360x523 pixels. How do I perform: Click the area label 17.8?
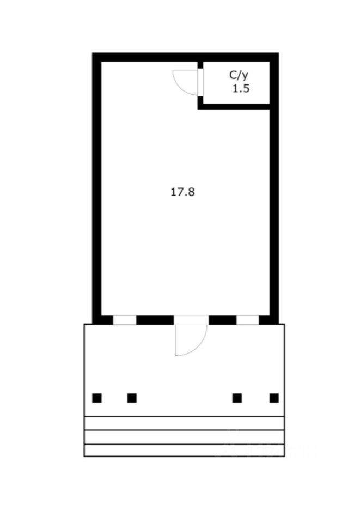click(182, 192)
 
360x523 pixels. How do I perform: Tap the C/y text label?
click(239, 75)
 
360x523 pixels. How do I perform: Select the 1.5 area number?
click(241, 89)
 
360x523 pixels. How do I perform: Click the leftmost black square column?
click(97, 398)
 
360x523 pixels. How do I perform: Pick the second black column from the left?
click(132, 398)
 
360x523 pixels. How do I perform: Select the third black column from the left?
click(237, 398)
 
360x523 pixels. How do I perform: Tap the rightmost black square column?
click(274, 398)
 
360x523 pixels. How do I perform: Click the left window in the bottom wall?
click(125, 320)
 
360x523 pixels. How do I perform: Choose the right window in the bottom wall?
click(248, 320)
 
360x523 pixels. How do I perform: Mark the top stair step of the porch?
click(184, 423)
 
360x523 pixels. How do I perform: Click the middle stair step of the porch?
click(184, 437)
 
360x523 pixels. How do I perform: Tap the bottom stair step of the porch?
click(184, 451)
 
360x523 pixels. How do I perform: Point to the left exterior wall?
click(96, 188)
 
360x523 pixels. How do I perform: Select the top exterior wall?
click(185, 57)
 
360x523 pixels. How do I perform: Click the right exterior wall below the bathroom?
click(274, 214)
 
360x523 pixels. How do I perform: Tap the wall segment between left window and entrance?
click(155, 320)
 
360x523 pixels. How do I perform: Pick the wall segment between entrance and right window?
click(223, 320)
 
